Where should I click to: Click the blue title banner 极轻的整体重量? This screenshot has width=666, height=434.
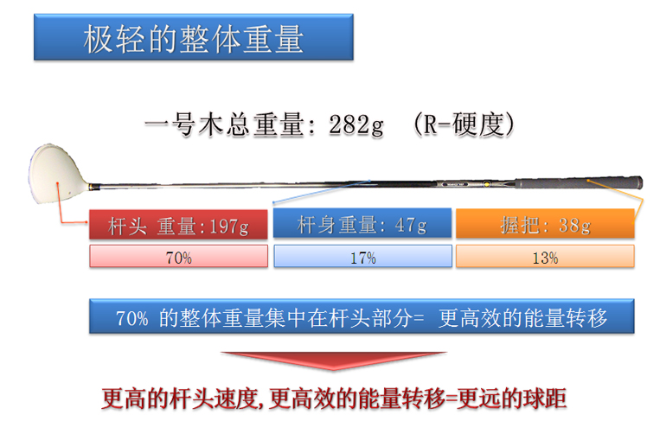click(x=193, y=37)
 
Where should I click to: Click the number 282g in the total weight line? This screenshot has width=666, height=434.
click(x=356, y=125)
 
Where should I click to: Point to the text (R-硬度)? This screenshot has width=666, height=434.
click(x=464, y=124)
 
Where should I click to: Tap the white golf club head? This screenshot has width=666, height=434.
click(x=57, y=173)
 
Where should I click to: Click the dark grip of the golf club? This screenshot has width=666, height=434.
click(x=579, y=183)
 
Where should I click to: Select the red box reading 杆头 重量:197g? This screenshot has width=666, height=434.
click(x=178, y=225)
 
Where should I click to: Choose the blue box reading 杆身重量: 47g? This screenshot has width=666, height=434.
click(x=362, y=223)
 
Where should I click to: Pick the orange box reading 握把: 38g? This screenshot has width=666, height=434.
click(x=546, y=223)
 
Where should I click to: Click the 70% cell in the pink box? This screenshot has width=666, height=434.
click(x=178, y=257)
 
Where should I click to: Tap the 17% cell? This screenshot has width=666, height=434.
click(x=362, y=257)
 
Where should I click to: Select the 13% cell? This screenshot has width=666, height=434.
click(x=546, y=257)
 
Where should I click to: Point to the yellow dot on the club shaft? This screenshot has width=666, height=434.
click(x=487, y=184)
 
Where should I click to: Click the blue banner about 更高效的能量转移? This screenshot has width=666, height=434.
click(x=362, y=316)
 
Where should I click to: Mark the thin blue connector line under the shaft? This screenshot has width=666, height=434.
click(x=322, y=192)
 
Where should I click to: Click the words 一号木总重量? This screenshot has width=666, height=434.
click(x=224, y=124)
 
